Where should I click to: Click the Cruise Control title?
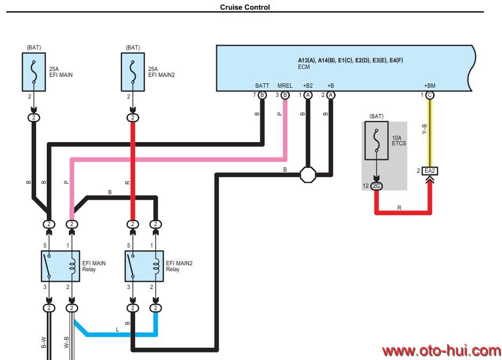[x=245, y=8]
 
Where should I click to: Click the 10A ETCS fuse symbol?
[x=377, y=140]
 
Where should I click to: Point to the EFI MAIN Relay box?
[x=60, y=266]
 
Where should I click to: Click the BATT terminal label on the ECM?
[x=262, y=86]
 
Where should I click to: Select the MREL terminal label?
[x=285, y=86]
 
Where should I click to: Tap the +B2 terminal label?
[x=307, y=86]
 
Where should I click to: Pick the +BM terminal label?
[x=429, y=86]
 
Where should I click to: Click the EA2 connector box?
[x=429, y=171]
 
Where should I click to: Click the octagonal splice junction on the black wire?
[x=308, y=174]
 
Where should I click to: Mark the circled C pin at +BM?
[x=430, y=95]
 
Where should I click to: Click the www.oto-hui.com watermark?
[x=441, y=351]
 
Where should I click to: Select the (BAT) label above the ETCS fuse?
[x=377, y=116]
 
